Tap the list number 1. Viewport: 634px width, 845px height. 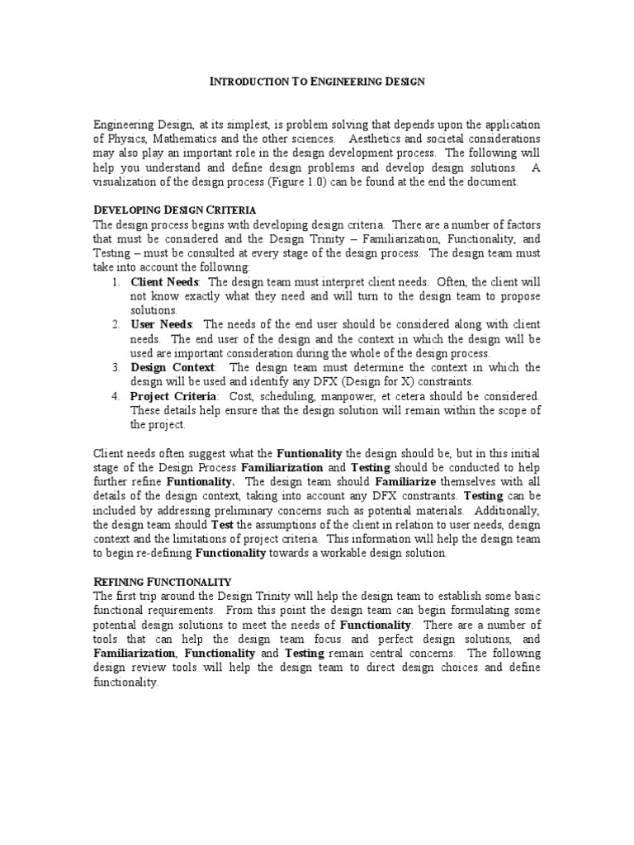click(116, 282)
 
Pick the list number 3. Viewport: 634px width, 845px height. click(116, 367)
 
